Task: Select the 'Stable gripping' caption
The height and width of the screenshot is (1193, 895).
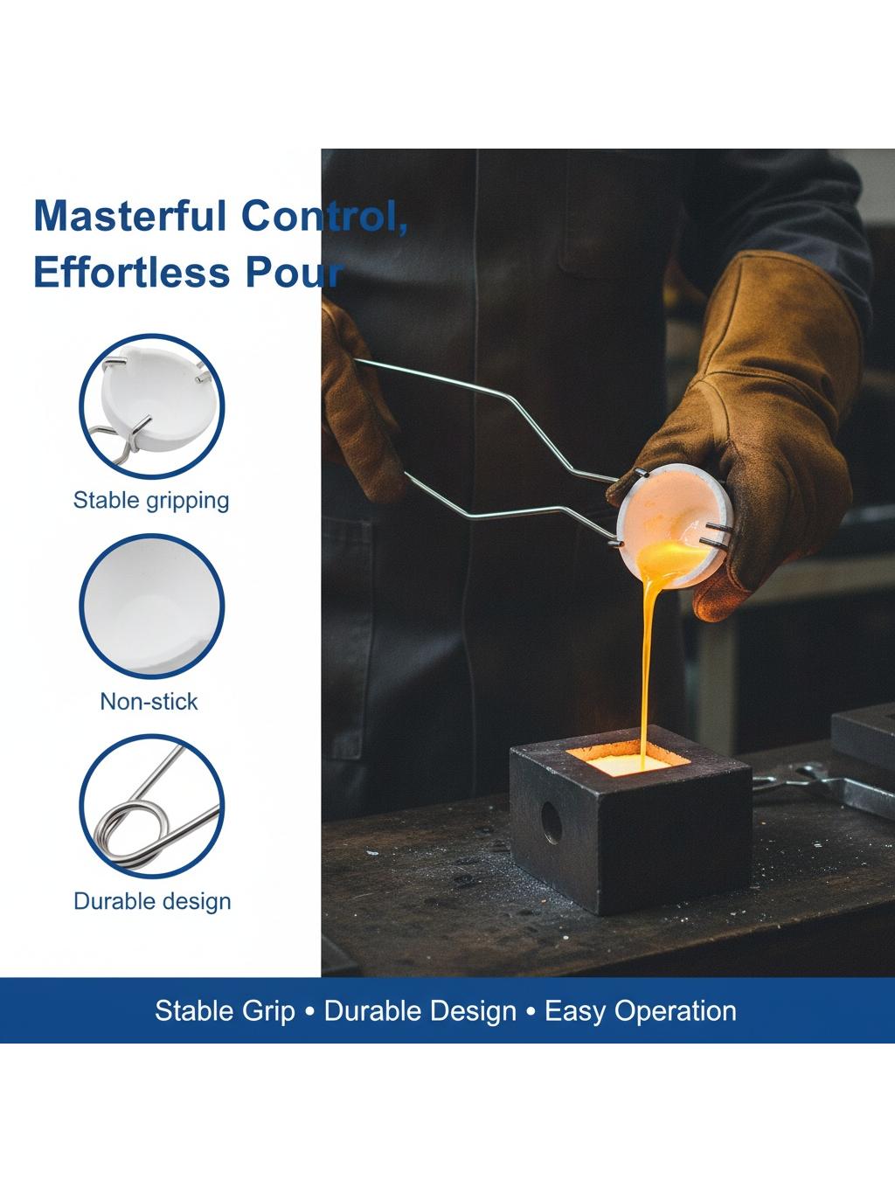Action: click(x=151, y=501)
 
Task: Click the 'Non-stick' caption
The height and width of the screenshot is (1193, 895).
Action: click(x=149, y=702)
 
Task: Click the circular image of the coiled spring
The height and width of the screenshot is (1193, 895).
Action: click(x=151, y=807)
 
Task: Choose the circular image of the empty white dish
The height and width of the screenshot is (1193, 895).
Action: click(x=151, y=607)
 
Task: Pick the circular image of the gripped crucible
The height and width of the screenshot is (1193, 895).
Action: click(x=151, y=406)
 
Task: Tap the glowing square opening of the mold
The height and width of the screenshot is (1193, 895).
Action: click(x=628, y=759)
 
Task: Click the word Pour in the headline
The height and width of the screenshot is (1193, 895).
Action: click(x=294, y=272)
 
